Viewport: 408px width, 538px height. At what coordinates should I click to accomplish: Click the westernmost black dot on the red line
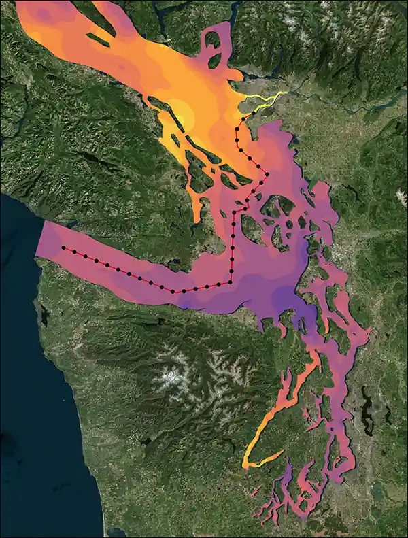(x=63, y=248)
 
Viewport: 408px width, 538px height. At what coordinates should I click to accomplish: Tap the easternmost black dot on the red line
(x=267, y=174)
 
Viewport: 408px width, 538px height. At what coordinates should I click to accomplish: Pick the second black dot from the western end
(x=75, y=252)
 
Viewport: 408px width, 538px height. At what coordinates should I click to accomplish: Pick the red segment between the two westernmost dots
(x=69, y=250)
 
